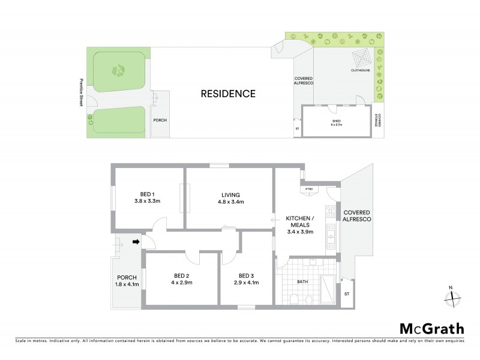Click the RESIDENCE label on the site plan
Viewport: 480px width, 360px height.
[x=228, y=94]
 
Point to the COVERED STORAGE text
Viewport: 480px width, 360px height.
[x=379, y=121]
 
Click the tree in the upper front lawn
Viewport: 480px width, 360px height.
[x=119, y=70]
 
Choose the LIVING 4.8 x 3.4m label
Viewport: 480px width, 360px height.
[x=230, y=199]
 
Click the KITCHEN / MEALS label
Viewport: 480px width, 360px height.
[x=301, y=224]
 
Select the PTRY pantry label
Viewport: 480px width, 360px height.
[x=310, y=190]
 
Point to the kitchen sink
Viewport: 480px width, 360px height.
[x=331, y=241]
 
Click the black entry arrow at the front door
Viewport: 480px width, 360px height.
[x=136, y=242]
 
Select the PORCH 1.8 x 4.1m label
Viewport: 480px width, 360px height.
[x=127, y=281]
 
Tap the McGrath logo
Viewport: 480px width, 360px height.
[x=431, y=328]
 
